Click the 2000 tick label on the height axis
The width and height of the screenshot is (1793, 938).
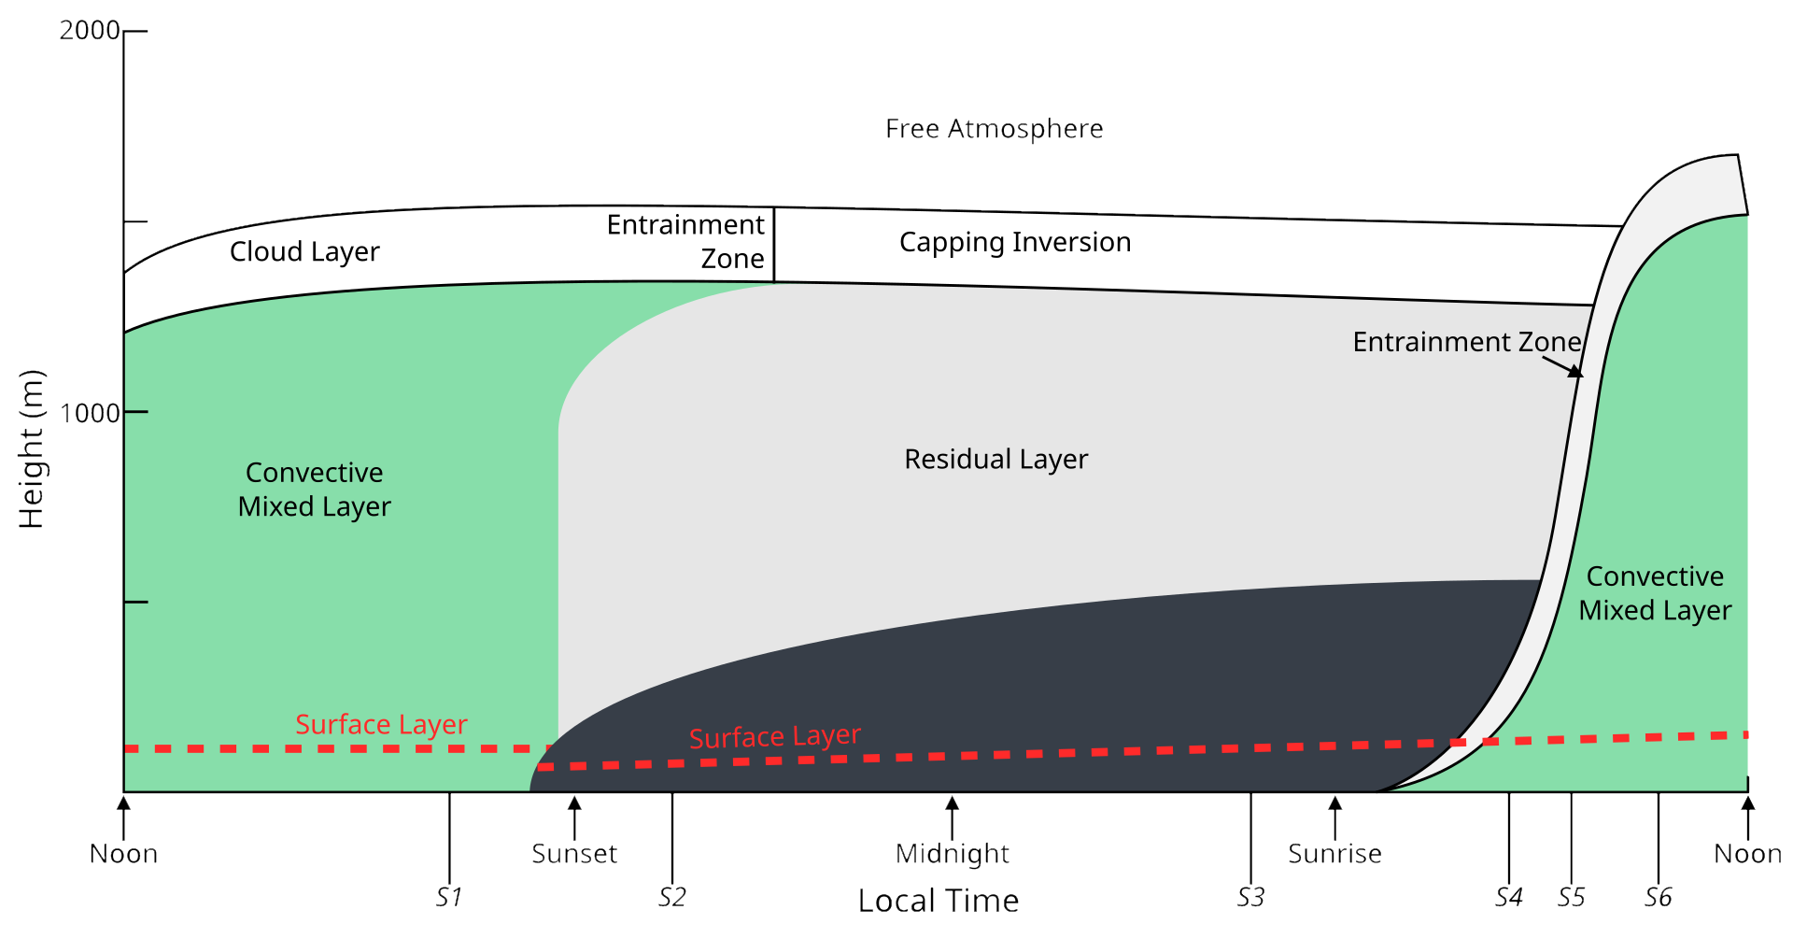tap(90, 31)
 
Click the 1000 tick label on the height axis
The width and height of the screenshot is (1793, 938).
tap(90, 412)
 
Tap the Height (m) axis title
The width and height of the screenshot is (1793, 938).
tap(32, 449)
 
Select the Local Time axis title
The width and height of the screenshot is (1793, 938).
tap(939, 901)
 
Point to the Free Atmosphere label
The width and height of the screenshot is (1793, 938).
tap(994, 129)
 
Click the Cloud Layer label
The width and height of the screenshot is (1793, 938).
tap(304, 251)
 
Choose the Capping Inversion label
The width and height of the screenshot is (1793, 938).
tap(1015, 242)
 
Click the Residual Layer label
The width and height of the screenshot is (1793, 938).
tap(995, 459)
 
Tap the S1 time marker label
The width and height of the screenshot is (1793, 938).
tap(448, 897)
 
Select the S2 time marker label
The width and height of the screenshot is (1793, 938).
tap(671, 897)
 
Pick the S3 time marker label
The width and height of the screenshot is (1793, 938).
tap(1250, 897)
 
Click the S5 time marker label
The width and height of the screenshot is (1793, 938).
tap(1571, 897)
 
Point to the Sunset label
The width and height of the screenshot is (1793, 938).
tap(574, 854)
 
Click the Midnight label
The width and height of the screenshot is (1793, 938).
tap(952, 854)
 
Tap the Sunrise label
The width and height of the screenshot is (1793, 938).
tap(1334, 854)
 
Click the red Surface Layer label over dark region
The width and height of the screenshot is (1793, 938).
tap(774, 737)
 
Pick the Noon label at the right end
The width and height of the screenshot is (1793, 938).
tap(1747, 854)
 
